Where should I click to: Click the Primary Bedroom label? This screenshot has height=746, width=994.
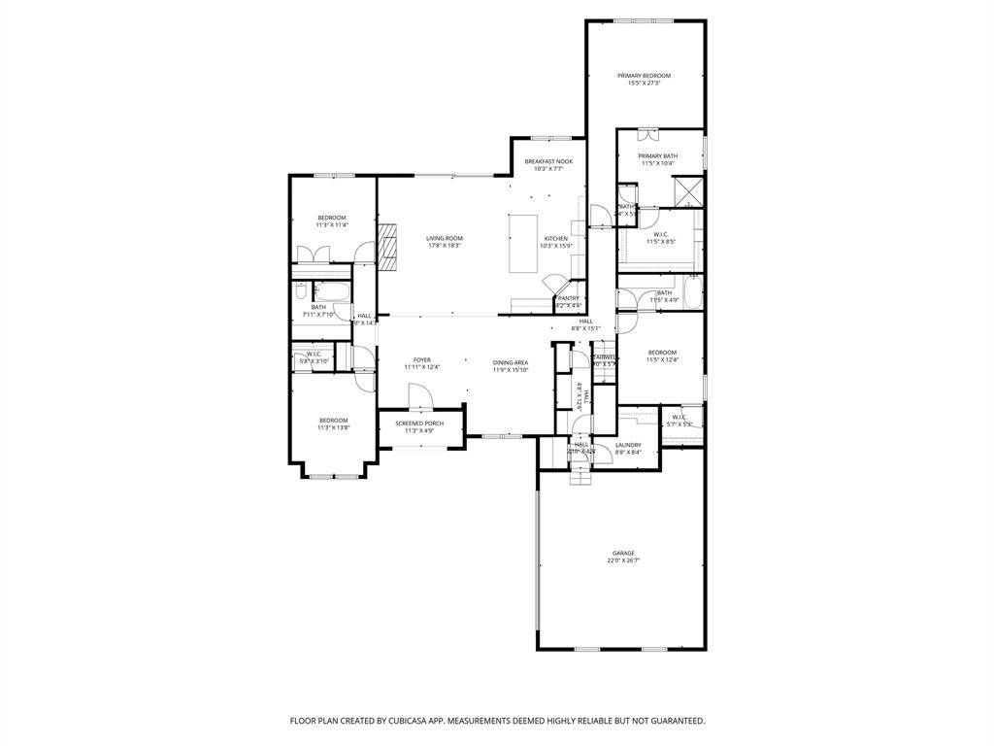point(644,76)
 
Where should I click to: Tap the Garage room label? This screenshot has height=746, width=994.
point(623,553)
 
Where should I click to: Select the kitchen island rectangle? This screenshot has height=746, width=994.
point(524,245)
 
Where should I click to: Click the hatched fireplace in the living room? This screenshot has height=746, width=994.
point(388,247)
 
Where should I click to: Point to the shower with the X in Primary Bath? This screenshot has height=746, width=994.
point(689,190)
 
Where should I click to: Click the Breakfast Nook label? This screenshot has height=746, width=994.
point(548,161)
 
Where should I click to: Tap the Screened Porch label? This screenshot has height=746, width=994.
point(419,424)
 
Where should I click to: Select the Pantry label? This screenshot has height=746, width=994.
point(568,298)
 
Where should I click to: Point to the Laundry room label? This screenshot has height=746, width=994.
point(628,445)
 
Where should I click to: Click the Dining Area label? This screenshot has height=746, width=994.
point(510,362)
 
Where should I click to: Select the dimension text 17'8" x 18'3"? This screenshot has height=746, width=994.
point(445,246)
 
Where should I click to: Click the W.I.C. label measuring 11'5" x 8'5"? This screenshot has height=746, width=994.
point(661,234)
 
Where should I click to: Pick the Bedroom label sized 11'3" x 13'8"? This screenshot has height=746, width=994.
point(332,421)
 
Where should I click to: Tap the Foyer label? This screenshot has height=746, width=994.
point(421,359)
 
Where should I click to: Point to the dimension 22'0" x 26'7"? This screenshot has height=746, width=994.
point(623,560)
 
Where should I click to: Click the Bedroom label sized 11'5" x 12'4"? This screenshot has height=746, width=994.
point(662,353)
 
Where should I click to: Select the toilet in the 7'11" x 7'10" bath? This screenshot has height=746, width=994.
point(301,290)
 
